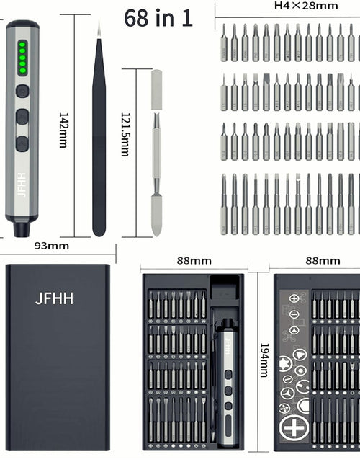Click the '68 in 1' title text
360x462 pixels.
[x=158, y=17]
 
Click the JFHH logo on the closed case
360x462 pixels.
[x=54, y=298]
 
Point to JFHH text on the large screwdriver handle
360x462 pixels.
[x=22, y=185]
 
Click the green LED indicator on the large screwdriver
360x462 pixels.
[x=22, y=58]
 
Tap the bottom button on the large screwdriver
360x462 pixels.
[x=22, y=143]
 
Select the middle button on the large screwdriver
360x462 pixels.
[x=22, y=117]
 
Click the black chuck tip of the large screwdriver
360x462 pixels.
[x=21, y=230]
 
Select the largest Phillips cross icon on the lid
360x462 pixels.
[x=294, y=427]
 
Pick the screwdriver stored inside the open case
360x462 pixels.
[x=227, y=375]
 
